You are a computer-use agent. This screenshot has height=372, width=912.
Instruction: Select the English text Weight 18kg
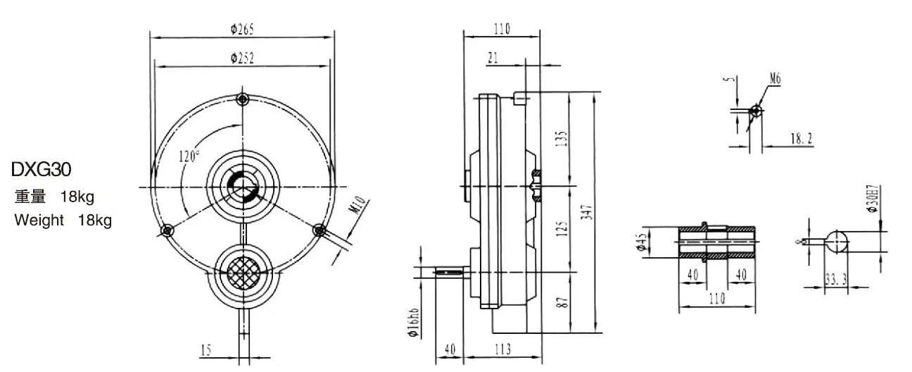(x=63, y=221)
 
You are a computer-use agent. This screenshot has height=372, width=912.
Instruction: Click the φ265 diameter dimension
(x=242, y=29)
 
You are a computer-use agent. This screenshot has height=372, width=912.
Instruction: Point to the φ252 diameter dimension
(x=242, y=59)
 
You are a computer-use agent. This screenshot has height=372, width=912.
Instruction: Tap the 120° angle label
(x=189, y=156)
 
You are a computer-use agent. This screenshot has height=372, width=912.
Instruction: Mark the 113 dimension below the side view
(x=502, y=350)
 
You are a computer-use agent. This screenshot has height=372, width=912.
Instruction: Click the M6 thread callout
(x=775, y=80)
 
